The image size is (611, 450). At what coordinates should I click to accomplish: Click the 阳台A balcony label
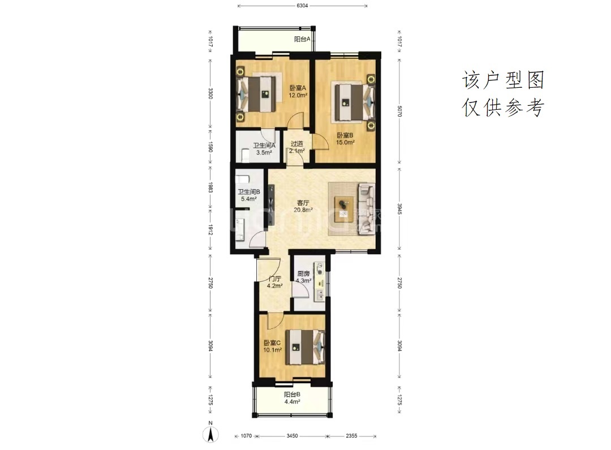[302, 39]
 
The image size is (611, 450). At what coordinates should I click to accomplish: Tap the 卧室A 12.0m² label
[298, 91]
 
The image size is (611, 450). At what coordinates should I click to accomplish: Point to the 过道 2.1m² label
[297, 147]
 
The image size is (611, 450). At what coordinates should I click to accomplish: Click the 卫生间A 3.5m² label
[264, 149]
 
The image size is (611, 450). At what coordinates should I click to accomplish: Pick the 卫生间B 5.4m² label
[249, 195]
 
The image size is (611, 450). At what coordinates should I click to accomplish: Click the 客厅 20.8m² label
[303, 206]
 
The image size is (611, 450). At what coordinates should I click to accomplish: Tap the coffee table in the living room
[344, 209]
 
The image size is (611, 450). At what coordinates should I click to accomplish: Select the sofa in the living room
[367, 209]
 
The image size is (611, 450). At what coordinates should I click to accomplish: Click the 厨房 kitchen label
[304, 274]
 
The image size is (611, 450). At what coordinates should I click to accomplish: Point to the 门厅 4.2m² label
[275, 282]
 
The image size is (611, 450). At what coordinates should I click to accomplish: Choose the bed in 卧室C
[305, 347]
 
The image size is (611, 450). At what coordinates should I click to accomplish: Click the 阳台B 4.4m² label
[292, 398]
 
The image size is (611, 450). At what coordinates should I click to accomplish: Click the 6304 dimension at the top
[302, 6]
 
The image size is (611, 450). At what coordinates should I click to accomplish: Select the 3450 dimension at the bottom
[292, 436]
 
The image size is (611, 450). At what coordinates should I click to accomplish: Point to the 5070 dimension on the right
[399, 111]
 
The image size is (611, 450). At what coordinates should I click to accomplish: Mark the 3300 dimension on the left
[210, 93]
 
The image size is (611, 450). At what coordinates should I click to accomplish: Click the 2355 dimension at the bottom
[351, 436]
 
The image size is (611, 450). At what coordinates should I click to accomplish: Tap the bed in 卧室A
[259, 94]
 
